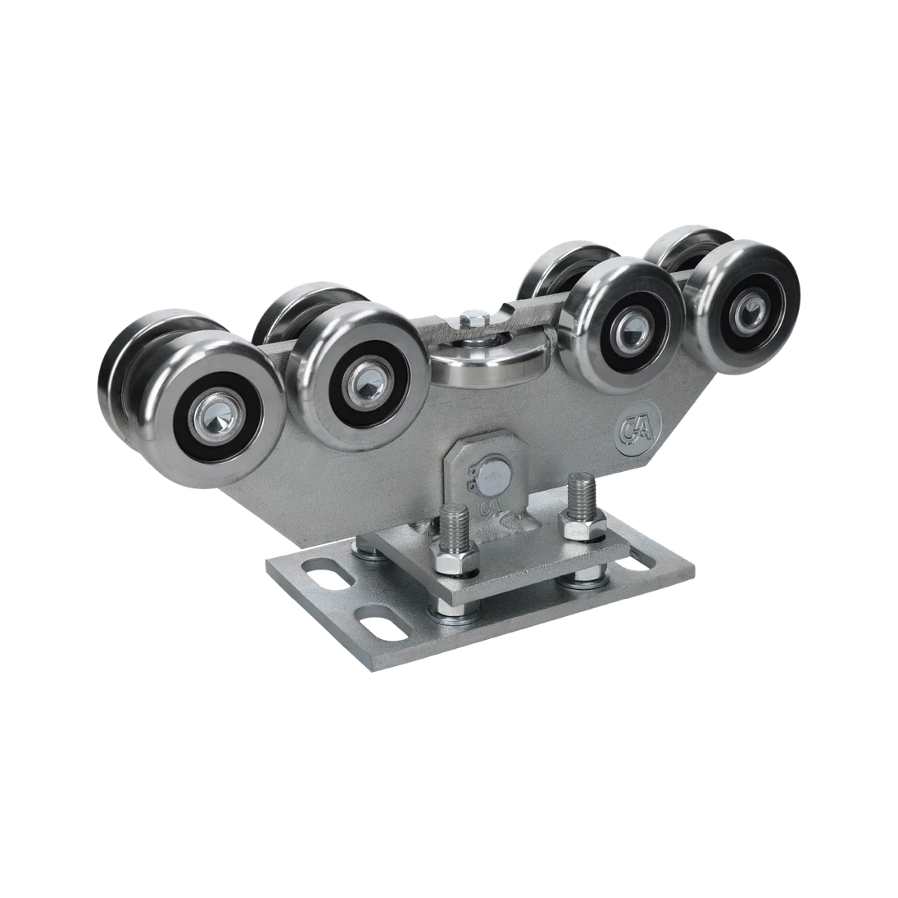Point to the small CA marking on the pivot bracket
point(492,508)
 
